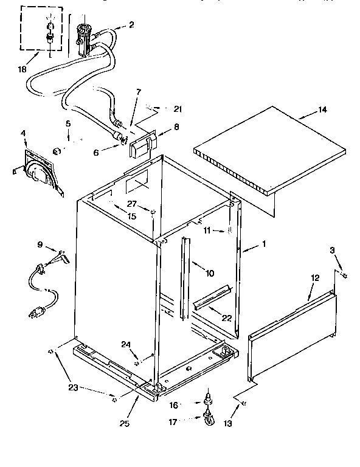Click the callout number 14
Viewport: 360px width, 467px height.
(x=322, y=110)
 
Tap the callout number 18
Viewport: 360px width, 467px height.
(x=22, y=70)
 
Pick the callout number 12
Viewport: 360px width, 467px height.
(x=315, y=277)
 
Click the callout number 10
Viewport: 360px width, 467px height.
(x=209, y=274)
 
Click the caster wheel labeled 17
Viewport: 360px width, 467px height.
(x=209, y=419)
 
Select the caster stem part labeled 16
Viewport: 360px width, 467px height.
(x=209, y=398)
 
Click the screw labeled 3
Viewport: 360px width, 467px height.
(x=345, y=276)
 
